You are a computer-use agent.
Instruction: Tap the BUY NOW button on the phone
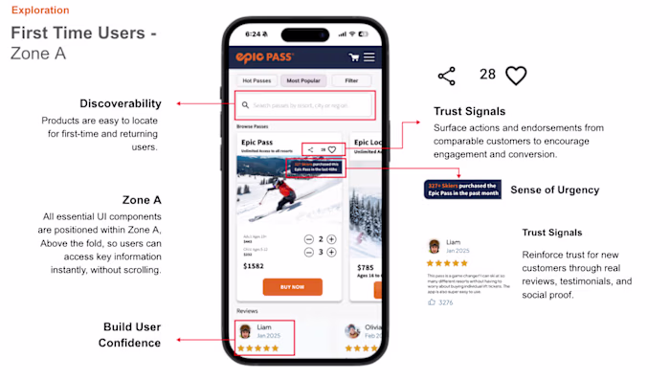coord(293,286)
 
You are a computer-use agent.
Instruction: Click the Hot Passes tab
coord(257,81)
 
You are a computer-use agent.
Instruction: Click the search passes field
coord(304,105)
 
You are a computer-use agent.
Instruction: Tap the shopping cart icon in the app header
coord(353,57)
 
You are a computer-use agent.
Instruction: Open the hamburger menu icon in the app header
coord(368,57)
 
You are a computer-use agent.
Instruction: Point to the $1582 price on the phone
coord(255,264)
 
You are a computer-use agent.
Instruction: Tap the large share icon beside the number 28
coord(446,76)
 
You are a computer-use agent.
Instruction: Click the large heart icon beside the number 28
coord(516,76)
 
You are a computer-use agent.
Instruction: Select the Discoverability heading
coord(121,103)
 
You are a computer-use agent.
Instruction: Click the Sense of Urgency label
coord(554,190)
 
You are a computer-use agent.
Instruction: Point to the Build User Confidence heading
coord(129,335)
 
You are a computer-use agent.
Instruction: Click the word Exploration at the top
coord(40,11)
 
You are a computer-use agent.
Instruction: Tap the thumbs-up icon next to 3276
coord(432,302)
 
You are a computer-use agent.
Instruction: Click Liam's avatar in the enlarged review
coord(435,246)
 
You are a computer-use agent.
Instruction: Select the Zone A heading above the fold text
coord(142,200)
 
